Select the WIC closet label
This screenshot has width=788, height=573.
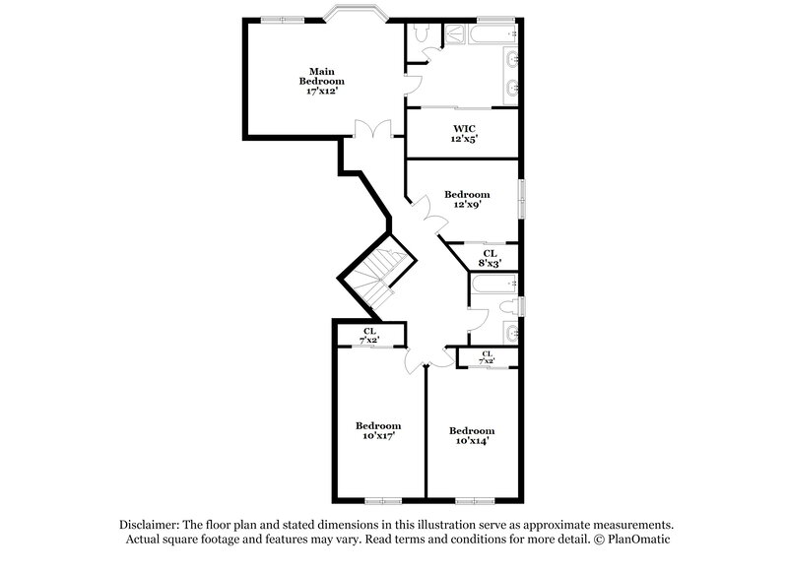coord(465,129)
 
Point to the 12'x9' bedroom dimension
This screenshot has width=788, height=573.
coord(466,206)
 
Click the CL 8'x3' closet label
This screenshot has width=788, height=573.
coord(490,258)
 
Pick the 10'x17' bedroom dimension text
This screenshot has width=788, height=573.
coord(375,433)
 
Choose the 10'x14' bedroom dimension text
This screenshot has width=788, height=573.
coord(471,441)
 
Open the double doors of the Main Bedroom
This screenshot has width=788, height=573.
coord(371,129)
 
